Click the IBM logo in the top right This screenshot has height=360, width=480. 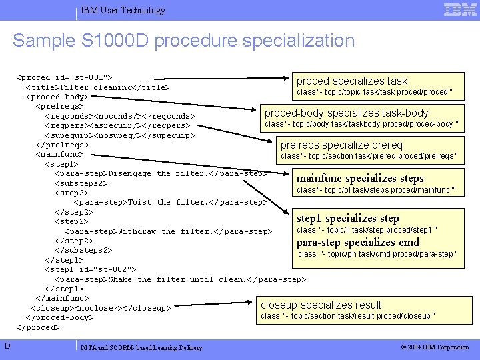460,9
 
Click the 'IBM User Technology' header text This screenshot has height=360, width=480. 123,10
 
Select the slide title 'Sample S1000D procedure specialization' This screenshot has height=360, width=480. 183,41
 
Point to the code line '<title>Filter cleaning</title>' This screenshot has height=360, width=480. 97,87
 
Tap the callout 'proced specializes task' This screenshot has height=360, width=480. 351,81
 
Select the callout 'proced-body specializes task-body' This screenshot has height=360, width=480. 346,113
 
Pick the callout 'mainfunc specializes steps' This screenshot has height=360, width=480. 359,178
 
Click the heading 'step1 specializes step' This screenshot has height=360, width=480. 347,218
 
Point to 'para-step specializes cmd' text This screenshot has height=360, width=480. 358,242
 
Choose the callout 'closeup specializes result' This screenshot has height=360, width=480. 321,305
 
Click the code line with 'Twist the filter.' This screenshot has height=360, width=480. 171,202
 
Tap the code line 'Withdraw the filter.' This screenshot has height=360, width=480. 163,231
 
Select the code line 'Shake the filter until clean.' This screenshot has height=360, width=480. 181,279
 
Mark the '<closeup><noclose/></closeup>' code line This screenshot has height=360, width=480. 100,308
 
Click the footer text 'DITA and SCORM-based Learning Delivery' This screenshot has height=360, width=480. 141,347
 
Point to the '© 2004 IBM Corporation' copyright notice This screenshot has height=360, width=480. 435,347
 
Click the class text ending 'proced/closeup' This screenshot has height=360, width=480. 347,316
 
